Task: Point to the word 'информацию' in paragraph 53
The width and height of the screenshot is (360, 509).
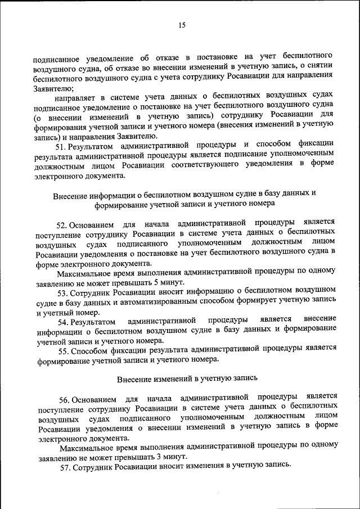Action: (x=205, y=293)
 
